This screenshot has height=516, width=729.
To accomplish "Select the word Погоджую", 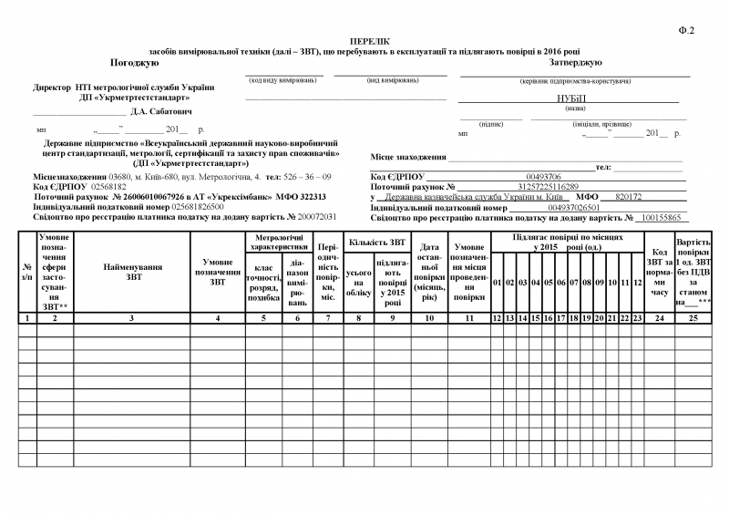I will pyautogui.click(x=135, y=63).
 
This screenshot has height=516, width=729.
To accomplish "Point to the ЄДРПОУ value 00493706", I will pyautogui.click(x=544, y=176).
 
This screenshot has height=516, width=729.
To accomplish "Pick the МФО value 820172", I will pyautogui.click(x=630, y=197).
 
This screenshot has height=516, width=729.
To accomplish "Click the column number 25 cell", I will pyautogui.click(x=693, y=317).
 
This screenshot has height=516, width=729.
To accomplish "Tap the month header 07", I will pyautogui.click(x=575, y=283).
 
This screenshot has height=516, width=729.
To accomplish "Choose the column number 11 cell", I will pyautogui.click(x=469, y=317).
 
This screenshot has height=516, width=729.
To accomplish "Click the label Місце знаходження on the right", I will pyautogui.click(x=408, y=158).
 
